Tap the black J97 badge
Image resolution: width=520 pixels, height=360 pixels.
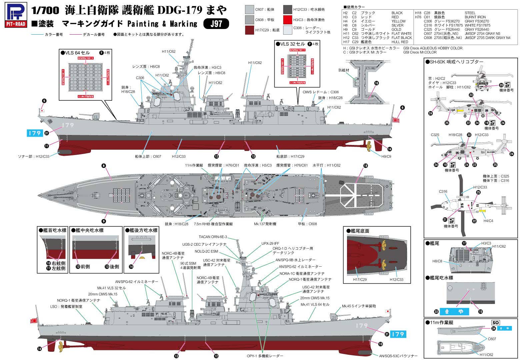coord(216,24)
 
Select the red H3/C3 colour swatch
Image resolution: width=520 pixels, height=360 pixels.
coord(288,20)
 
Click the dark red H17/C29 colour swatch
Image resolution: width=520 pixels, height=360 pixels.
coord(249,30)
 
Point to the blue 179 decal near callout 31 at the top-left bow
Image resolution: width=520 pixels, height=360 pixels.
coord(35,133)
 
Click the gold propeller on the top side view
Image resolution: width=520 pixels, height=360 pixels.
coord(369,145)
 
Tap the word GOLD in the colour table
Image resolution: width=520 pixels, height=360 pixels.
coord(396,29)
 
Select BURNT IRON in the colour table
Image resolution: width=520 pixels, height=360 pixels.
coord(475,17)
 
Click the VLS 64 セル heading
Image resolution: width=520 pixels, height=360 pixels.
coord(76,53)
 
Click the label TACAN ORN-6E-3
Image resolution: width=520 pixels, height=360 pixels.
coord(213,237)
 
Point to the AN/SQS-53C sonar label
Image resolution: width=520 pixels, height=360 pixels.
coord(398,356)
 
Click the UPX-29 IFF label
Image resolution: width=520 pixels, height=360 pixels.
coord(270,244)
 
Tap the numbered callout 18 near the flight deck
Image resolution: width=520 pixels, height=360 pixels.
coord(366,166)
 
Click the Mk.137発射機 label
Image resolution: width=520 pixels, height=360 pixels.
coord(265,224)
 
